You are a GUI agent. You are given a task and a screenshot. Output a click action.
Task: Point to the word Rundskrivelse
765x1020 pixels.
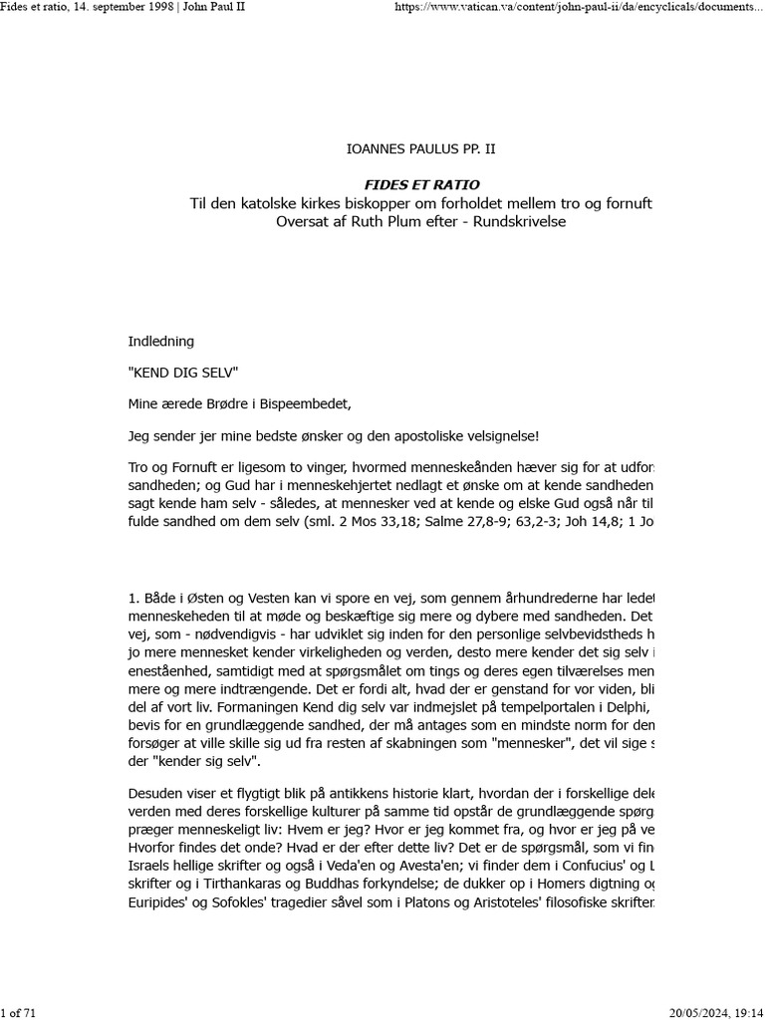click(517, 221)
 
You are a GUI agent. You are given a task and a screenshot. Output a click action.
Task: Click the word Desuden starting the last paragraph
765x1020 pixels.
click(158, 793)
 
